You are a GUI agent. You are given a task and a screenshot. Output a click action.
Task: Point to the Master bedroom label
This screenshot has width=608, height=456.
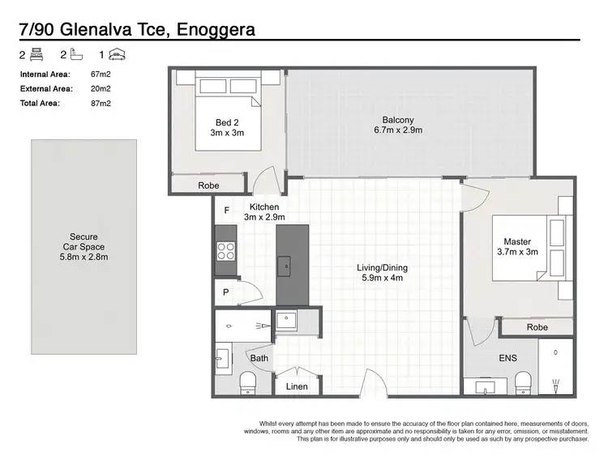pyautogui.click(x=517, y=247)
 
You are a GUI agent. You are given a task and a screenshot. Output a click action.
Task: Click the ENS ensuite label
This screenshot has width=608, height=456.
pyautogui.click(x=507, y=357)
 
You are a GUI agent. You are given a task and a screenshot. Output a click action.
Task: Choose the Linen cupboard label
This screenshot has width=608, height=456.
pyautogui.click(x=298, y=386)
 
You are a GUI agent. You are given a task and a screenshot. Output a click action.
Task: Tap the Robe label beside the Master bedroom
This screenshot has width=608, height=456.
pyautogui.click(x=537, y=327)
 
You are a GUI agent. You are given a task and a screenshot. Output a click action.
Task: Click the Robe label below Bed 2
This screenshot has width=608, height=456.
pyautogui.click(x=208, y=185)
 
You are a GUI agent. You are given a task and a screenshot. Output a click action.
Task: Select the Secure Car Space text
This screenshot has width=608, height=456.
pyautogui.click(x=84, y=247)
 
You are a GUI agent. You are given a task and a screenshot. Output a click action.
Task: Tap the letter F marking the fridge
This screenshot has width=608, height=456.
pyautogui.click(x=227, y=211)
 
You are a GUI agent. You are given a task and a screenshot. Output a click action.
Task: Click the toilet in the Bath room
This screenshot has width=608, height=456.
pyautogui.click(x=247, y=381)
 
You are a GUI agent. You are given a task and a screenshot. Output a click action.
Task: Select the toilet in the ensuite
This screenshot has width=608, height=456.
pyautogui.click(x=523, y=380)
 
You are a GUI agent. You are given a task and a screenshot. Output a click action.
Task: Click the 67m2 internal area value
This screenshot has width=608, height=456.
pyautogui.click(x=101, y=75)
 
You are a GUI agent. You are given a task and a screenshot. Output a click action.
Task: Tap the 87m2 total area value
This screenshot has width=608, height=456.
pyautogui.click(x=101, y=104)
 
